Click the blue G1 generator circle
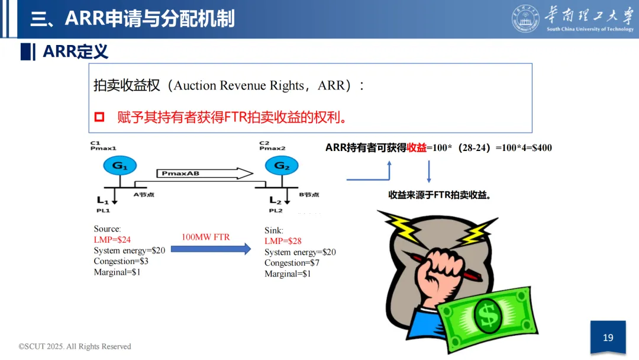point(120,166)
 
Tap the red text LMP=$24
point(112,240)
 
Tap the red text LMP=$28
point(283,241)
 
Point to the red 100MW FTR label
point(205,237)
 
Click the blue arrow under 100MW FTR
point(211,249)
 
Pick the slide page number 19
point(608,337)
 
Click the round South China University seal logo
point(525,19)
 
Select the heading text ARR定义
point(75,52)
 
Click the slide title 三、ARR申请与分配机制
point(133,19)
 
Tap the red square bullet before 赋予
point(99,117)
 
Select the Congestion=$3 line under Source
point(121,261)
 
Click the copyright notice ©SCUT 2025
point(75,346)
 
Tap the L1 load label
point(103,200)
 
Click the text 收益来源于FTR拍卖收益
point(440,195)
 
